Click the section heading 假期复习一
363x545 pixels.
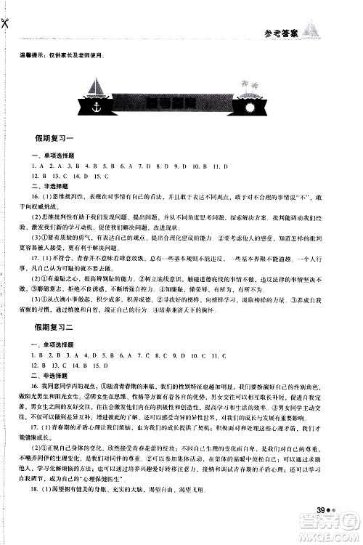[x=55, y=137]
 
